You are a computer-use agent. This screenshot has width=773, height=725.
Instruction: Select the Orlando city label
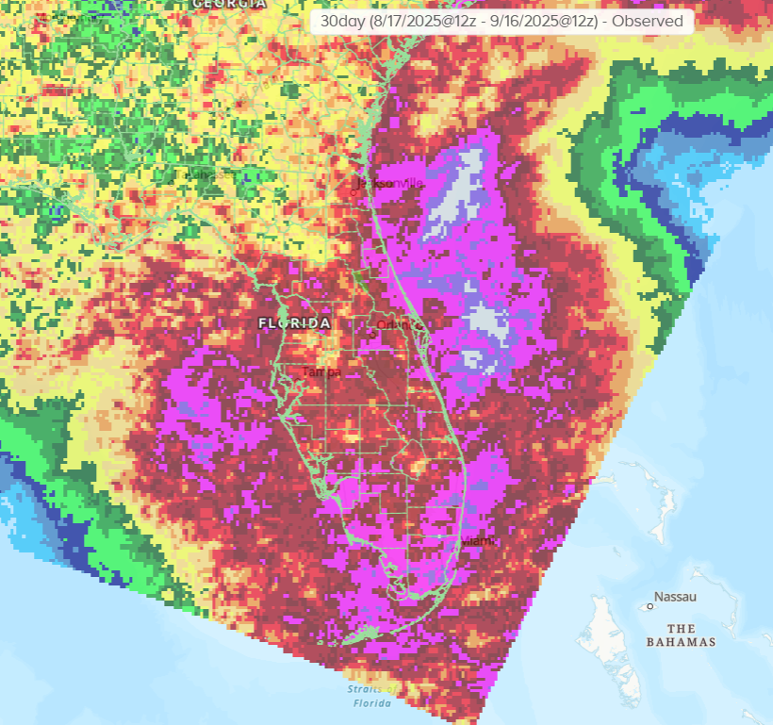coord(394,325)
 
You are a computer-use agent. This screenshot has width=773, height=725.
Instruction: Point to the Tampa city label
coord(320,372)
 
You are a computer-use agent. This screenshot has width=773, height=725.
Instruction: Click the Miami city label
coord(479,541)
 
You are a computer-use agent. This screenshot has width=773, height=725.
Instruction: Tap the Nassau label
coord(677,598)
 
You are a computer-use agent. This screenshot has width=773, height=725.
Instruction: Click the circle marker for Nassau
coord(650,606)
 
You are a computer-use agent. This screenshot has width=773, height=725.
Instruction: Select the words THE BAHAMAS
coord(681,635)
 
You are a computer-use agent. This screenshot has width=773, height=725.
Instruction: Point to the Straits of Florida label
coord(371,696)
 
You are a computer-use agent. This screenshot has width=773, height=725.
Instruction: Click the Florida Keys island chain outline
coord(363,636)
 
